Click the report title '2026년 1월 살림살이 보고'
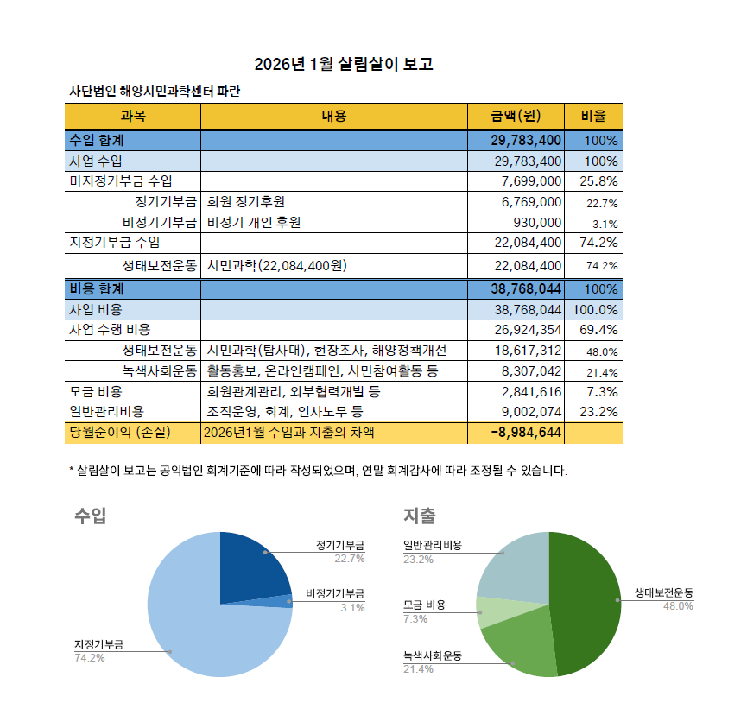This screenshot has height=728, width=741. (344, 64)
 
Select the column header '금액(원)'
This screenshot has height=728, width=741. (516, 116)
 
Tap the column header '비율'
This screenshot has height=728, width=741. (593, 116)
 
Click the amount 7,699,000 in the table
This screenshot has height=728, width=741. (531, 181)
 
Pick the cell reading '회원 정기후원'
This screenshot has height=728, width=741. (246, 202)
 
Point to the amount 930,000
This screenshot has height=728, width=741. (537, 223)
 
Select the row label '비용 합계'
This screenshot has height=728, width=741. (97, 288)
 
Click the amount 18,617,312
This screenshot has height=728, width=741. (528, 351)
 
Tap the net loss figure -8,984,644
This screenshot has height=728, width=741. (526, 433)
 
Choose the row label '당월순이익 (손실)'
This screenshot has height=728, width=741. (120, 433)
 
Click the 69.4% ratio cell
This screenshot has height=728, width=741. (598, 330)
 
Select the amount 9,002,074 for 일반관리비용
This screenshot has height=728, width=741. (531, 412)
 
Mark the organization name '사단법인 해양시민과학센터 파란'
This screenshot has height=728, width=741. (155, 91)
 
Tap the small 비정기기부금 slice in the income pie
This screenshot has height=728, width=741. (282, 601)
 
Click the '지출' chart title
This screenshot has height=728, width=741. (419, 516)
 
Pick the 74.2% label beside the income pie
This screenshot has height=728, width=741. (89, 657)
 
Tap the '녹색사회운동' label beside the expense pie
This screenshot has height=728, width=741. (433, 655)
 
